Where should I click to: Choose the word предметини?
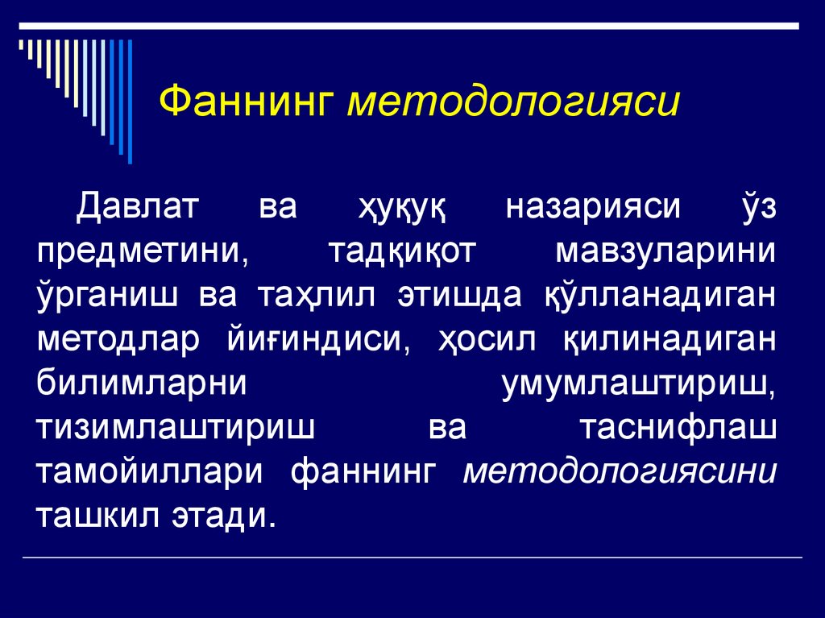[x=143, y=251]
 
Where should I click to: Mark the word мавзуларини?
[x=666, y=251]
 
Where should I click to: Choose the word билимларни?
[x=141, y=382]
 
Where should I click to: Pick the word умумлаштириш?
[x=640, y=382]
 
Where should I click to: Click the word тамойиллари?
[x=149, y=470]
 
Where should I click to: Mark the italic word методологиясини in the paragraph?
[x=620, y=470]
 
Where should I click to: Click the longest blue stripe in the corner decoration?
[x=130, y=101]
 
